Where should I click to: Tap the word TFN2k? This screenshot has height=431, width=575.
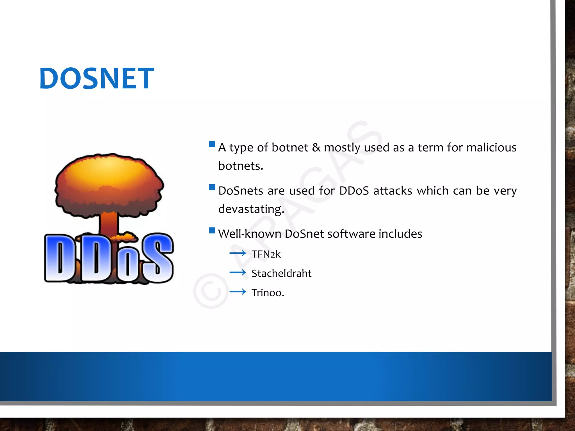(266, 254)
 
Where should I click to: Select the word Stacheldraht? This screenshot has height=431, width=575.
(281, 273)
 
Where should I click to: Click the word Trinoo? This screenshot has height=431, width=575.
(268, 293)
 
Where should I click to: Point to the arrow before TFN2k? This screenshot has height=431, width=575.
(238, 253)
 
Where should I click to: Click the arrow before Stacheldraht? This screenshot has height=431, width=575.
(238, 272)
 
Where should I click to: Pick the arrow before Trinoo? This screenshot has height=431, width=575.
(238, 292)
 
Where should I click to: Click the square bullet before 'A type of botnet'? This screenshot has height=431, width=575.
(212, 144)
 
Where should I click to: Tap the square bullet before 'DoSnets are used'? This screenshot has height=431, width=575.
(212, 187)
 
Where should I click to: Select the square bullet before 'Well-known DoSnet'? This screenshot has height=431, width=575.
(212, 230)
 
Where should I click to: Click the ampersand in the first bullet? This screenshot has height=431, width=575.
(316, 148)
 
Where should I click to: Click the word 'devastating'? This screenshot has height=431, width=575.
(251, 209)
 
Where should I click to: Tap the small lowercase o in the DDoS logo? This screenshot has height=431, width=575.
(128, 264)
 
